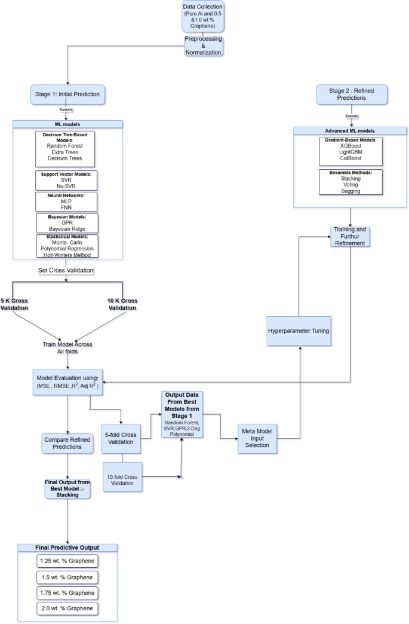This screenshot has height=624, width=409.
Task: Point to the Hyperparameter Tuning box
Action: tap(299, 330)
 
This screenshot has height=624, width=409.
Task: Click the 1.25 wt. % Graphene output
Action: tap(66, 561)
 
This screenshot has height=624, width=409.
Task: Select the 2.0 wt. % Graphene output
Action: tap(66, 608)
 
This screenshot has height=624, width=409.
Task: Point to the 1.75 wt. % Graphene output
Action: tap(66, 593)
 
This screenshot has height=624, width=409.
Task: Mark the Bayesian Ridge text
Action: tap(67, 228)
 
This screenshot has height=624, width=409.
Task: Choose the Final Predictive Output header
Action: tap(66, 547)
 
